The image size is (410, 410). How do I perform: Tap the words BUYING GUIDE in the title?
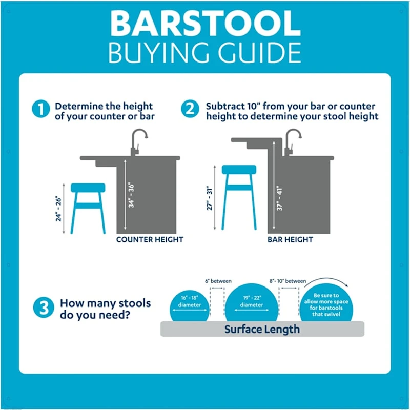204,53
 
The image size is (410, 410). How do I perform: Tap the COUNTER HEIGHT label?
150,239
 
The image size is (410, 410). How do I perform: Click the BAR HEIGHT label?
290,239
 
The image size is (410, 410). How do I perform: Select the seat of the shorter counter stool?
88,188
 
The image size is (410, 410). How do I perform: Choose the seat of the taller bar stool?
239,170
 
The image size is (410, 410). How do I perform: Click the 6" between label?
217,281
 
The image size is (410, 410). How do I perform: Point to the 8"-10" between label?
288,281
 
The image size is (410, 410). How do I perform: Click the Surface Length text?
262,329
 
